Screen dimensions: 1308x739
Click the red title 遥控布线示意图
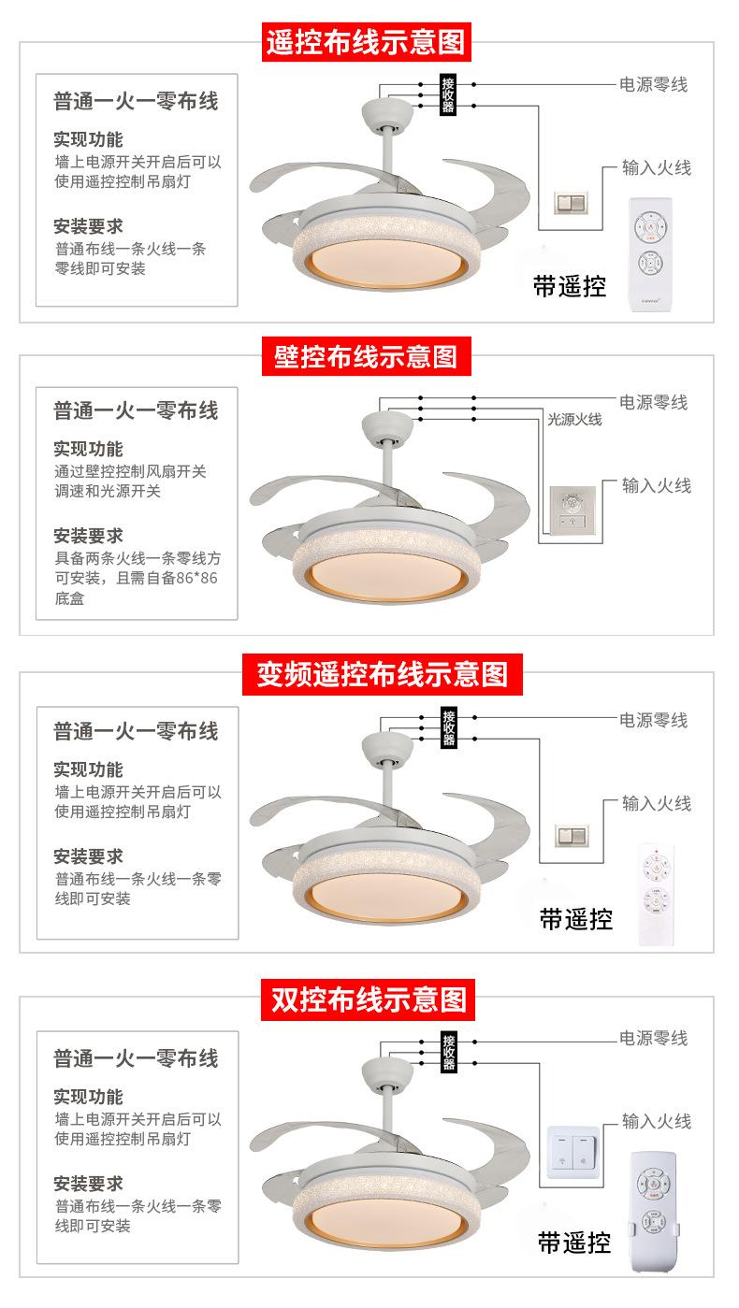pos(366,42)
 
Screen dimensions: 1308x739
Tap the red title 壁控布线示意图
pos(366,356)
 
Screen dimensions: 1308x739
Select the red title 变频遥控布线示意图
pos(382,674)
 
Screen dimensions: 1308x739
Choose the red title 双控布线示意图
pos(368,999)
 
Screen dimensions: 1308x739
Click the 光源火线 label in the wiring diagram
pos(574,420)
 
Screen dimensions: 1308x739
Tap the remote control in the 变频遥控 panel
pos(658,892)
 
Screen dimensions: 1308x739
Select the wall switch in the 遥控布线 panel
pos(568,202)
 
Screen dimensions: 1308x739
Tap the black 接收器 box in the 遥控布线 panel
pos(448,93)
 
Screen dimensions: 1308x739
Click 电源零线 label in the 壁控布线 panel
pos(653,402)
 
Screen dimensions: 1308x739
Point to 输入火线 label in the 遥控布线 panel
pos(657,168)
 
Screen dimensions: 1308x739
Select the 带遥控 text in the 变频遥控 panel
pos(575,919)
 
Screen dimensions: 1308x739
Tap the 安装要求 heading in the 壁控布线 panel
pos(88,536)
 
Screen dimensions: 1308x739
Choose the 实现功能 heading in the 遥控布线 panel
pos(88,140)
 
